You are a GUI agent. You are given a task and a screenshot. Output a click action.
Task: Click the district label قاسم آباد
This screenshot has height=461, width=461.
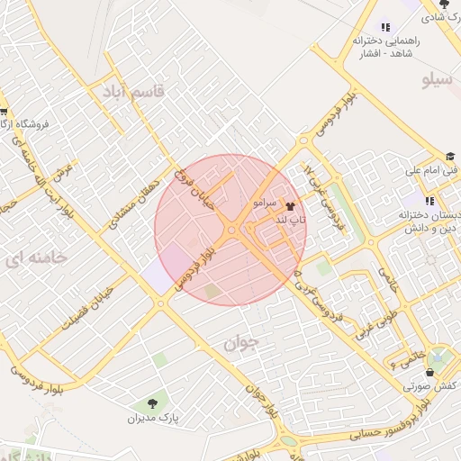click(x=126, y=91)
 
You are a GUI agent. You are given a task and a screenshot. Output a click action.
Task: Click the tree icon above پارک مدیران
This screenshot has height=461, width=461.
click(x=150, y=402)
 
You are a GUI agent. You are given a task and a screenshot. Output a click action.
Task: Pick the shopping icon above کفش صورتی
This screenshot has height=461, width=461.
click(x=429, y=372)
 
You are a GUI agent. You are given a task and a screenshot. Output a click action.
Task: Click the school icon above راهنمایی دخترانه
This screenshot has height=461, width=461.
click(x=386, y=27)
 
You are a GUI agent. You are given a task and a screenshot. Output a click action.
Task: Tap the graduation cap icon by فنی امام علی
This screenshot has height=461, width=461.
click(x=449, y=154)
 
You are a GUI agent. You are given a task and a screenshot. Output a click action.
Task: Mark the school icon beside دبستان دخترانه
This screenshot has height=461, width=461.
click(x=429, y=200)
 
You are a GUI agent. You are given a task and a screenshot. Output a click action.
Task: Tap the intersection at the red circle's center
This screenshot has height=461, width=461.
click(x=231, y=230)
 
